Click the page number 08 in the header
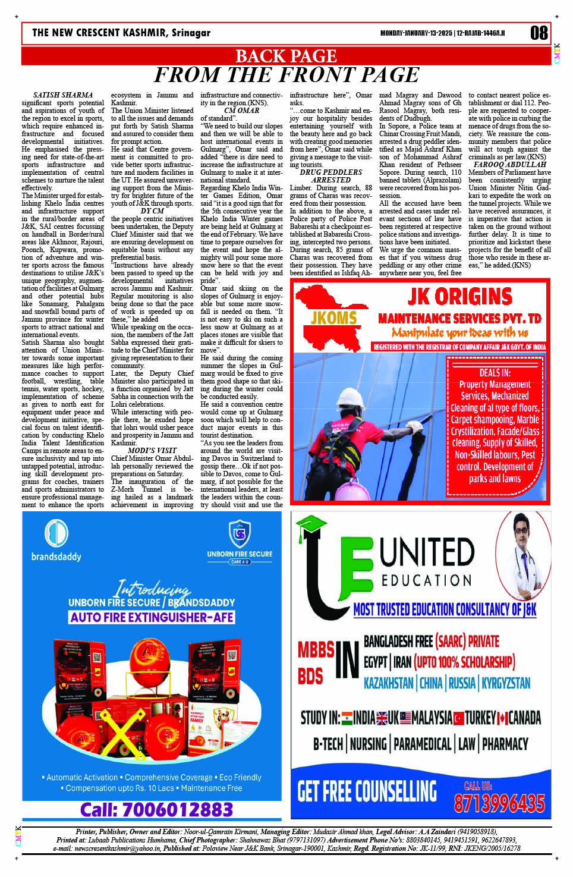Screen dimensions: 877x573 [x=539, y=33]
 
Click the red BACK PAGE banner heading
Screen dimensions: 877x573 [x=286, y=56]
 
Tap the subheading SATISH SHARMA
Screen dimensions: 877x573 [x=63, y=95]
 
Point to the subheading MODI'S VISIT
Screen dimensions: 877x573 [x=152, y=450]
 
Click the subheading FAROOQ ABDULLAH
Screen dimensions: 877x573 [x=509, y=165]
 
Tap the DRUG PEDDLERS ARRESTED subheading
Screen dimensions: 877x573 [x=330, y=176]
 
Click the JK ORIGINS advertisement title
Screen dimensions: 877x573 [x=459, y=296]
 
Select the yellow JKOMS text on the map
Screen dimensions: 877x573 [x=333, y=318]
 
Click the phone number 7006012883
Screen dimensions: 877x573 [x=156, y=809]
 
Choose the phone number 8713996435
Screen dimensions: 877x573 [x=499, y=803]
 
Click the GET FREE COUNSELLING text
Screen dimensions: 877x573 [x=367, y=791]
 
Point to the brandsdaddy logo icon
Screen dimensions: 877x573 [x=56, y=532]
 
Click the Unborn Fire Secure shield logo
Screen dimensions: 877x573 [x=240, y=533]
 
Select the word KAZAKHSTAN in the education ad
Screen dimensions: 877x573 [x=388, y=683]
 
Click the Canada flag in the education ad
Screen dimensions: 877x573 [x=502, y=718]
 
